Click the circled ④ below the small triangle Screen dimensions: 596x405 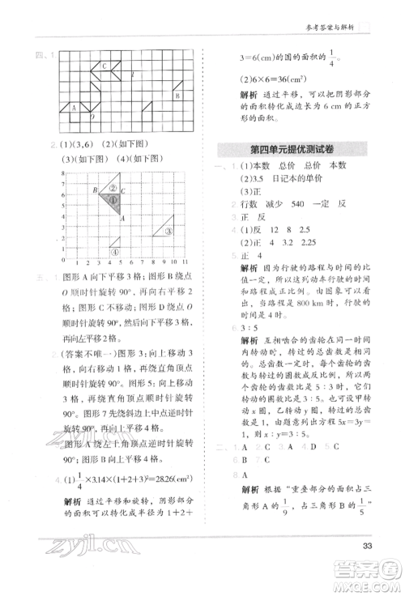click(x=115, y=252)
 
